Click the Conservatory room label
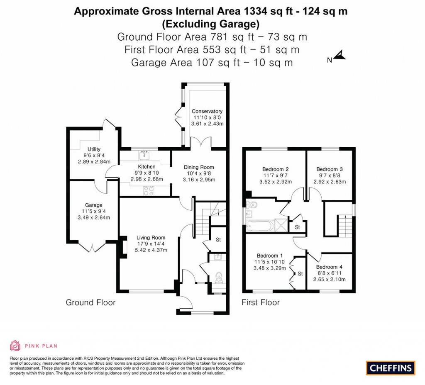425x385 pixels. point(207,111)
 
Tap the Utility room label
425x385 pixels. point(94,149)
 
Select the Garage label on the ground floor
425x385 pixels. point(93,205)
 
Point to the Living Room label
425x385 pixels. point(151,238)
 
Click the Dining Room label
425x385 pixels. point(199,167)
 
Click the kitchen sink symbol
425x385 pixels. point(144,156)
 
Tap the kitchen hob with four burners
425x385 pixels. point(149,191)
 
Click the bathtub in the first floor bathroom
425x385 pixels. point(260,226)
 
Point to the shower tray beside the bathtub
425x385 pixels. point(281,225)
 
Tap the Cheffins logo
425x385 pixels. point(391,368)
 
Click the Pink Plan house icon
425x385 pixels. point(15,346)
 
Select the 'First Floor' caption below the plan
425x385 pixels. point(261,302)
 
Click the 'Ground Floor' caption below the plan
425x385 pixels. point(90,302)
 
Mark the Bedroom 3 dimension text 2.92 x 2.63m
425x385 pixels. point(330,182)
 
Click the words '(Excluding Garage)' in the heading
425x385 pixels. point(210,24)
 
